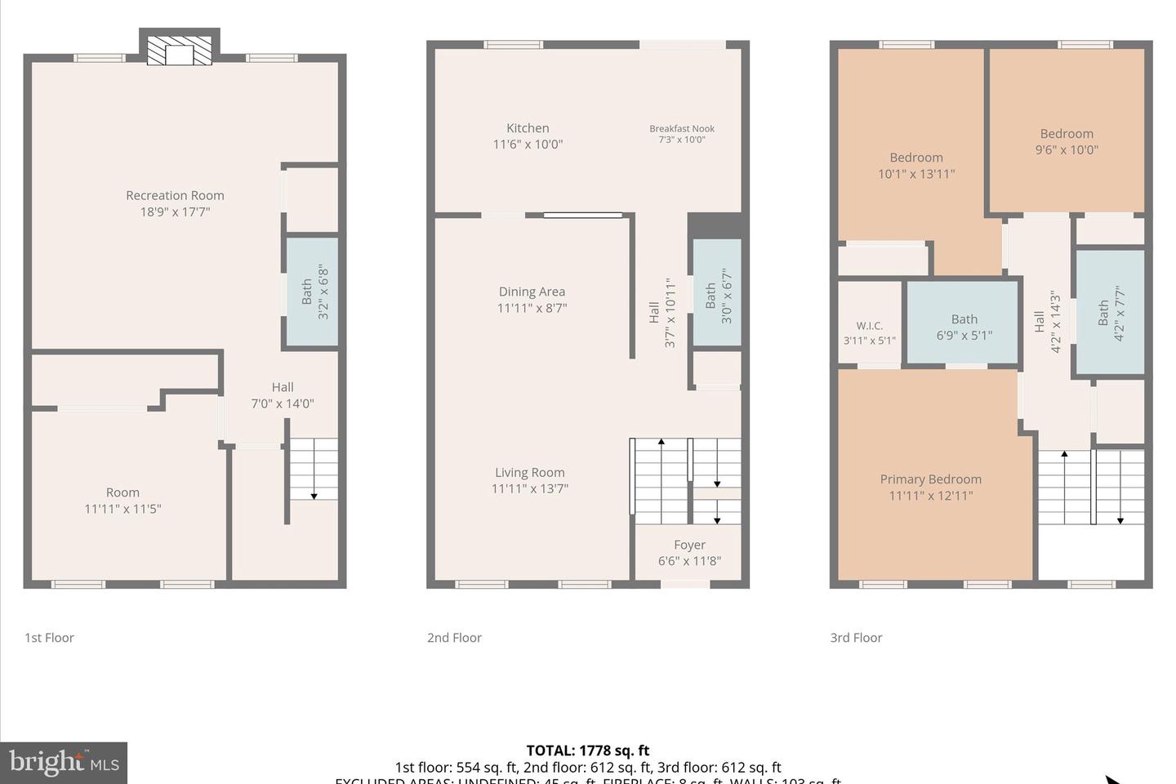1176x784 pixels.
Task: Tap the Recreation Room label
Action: point(175,196)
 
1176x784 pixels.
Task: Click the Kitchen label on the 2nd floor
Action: point(528,128)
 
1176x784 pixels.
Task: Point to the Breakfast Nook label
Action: point(682,128)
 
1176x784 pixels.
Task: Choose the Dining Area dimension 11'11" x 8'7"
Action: point(532,308)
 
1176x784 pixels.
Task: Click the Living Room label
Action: point(529,473)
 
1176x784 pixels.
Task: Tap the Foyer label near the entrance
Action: point(689,545)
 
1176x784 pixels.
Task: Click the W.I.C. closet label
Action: point(869,326)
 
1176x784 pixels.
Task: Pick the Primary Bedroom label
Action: point(930,479)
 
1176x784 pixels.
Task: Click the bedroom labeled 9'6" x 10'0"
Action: point(1067,141)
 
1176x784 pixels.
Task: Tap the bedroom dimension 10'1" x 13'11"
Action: point(916,174)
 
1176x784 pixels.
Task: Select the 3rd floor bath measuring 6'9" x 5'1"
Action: point(964,327)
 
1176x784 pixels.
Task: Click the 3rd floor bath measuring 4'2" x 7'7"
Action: point(1111,313)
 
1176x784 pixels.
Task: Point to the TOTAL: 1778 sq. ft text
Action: point(587,751)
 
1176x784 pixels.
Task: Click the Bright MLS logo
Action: point(64,763)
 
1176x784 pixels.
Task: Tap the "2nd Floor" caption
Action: point(454,638)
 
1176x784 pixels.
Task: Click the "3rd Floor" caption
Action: point(856,638)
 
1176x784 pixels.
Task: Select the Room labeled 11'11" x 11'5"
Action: point(122,501)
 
